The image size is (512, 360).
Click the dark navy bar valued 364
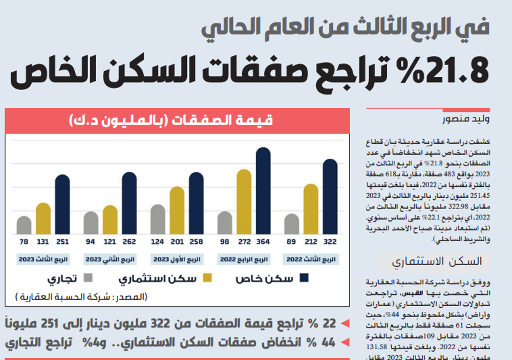coord(263,190)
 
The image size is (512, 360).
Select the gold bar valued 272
coord(244,202)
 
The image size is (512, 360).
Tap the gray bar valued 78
coord(24,225)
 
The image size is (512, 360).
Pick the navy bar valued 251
coord(62,204)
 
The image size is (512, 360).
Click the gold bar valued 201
coord(177,210)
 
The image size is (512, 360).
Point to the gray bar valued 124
coord(158,219)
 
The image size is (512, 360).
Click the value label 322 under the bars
coord(330,242)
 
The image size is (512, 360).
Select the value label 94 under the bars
coord(91,242)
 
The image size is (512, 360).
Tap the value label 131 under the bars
coord(43,242)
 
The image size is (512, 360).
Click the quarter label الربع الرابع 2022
coord(244,260)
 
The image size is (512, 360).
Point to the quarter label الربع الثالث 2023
coord(44,260)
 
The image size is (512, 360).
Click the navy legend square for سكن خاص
coord(304,279)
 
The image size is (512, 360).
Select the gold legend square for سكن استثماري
coord(207,279)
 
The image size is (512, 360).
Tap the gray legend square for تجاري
coord(89,279)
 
